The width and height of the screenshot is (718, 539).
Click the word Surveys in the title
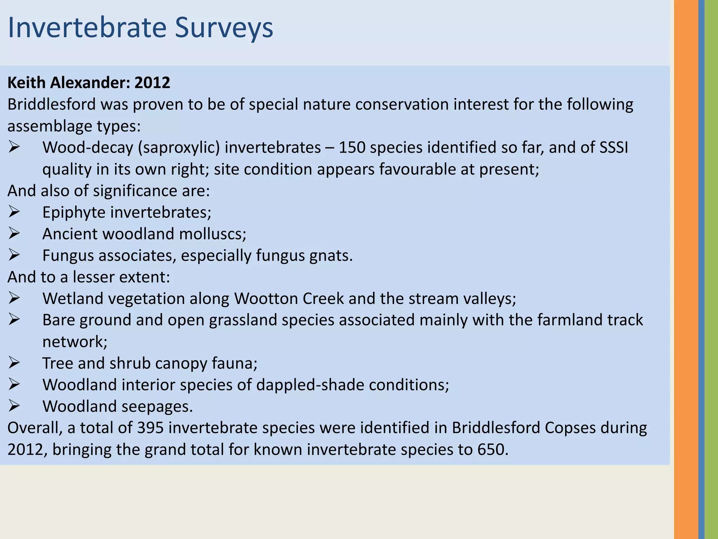tap(224, 28)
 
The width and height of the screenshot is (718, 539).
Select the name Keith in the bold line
tap(26, 83)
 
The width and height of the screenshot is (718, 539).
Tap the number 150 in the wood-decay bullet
tap(352, 147)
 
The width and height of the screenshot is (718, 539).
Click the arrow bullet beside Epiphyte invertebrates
tap(14, 212)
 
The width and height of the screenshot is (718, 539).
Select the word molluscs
tap(213, 234)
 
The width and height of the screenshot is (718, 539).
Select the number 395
tap(150, 428)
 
